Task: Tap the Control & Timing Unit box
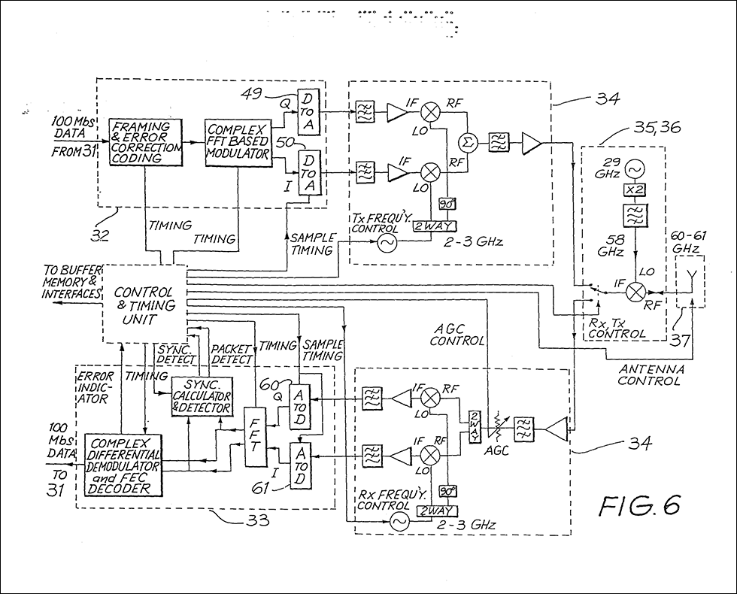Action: (x=143, y=305)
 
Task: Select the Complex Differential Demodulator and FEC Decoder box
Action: (x=123, y=465)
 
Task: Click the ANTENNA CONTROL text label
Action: (x=650, y=375)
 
